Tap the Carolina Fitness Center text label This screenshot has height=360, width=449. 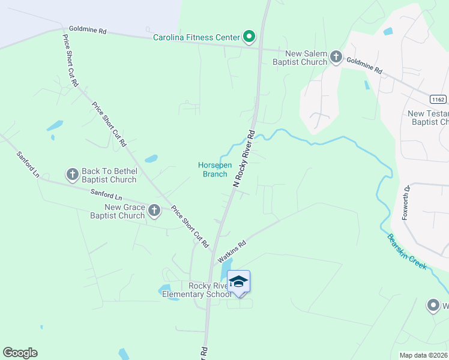point(196,37)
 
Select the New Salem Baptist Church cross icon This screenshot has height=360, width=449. point(336,57)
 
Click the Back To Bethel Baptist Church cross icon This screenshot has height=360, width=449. point(72,175)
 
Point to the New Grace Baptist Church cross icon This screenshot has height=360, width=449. point(155,211)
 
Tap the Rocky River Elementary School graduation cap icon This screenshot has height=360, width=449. point(238,282)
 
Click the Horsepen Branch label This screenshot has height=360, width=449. point(213,170)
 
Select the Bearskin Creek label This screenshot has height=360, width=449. point(407,251)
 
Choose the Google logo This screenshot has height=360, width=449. point(20,353)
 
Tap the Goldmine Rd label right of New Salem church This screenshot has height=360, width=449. point(364,65)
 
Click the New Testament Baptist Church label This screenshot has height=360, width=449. point(428,118)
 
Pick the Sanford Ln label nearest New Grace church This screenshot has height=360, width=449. point(106,195)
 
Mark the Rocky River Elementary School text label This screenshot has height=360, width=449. point(209,290)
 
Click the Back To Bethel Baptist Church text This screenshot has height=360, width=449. point(109,175)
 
